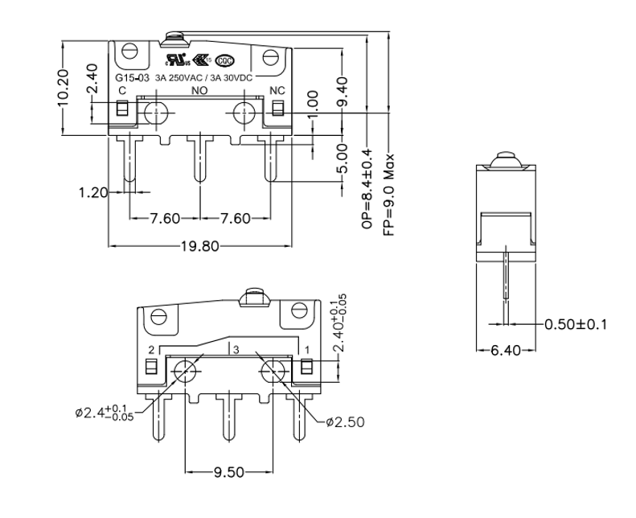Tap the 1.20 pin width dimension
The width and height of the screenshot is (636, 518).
93,192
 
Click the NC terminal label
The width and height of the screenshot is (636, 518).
277,90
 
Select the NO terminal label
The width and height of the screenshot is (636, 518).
199,90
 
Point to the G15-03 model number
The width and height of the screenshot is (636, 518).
131,78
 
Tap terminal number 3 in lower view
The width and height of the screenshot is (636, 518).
236,349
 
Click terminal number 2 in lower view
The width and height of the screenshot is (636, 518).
151,350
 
